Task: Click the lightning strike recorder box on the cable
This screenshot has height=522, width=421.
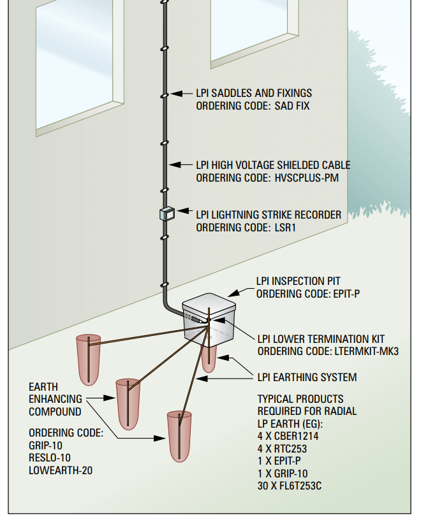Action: (166, 214)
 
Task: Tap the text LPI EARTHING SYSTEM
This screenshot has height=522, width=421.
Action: (307, 377)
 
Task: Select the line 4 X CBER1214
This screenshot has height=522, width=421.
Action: (288, 437)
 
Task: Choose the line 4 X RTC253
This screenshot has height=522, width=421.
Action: (283, 449)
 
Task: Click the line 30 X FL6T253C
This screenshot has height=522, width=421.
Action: (289, 487)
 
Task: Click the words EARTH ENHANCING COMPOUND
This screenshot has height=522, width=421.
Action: (55, 399)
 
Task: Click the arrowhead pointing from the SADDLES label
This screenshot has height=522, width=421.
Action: (176, 93)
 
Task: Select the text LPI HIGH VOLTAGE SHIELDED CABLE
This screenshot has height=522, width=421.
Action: (273, 165)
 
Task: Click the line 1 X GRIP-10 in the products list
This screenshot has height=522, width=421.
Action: (282, 474)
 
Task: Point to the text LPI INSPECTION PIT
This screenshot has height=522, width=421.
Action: (298, 281)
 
